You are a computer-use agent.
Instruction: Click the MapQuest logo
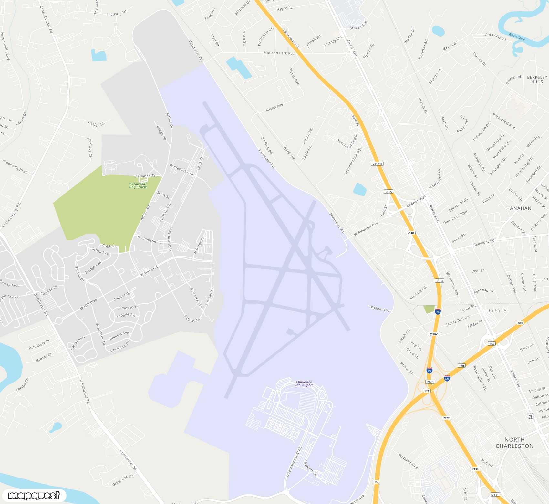(34, 495)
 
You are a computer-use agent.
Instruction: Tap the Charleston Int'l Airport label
(304, 383)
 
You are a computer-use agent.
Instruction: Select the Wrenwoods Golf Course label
(138, 185)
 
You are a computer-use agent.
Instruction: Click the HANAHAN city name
(519, 208)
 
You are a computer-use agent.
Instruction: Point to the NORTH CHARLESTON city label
(514, 443)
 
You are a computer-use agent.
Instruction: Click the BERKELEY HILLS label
(537, 79)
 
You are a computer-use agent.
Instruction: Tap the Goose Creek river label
(517, 37)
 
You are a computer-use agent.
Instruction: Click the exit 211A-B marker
(377, 164)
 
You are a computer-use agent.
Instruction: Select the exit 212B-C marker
(434, 334)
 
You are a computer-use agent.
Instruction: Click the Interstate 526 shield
(447, 378)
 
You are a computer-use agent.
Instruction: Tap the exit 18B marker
(520, 323)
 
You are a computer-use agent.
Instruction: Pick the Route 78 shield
(531, 416)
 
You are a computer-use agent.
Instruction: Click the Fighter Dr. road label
(380, 309)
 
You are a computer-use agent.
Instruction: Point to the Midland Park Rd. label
(278, 53)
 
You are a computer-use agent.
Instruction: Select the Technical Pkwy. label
(347, 142)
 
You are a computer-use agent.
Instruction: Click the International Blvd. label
(294, 462)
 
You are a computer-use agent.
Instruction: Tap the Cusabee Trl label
(146, 176)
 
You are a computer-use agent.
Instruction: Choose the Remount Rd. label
(484, 242)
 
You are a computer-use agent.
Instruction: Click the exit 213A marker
(475, 469)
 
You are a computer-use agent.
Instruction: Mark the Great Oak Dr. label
(123, 480)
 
